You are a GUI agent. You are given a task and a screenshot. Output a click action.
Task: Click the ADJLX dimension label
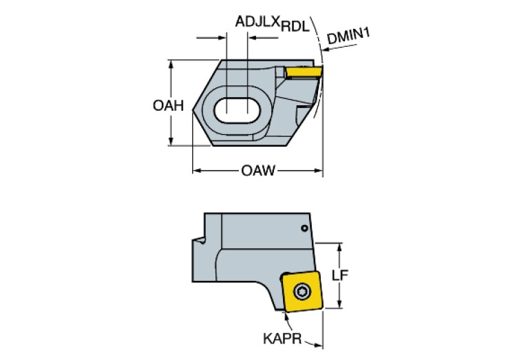257,22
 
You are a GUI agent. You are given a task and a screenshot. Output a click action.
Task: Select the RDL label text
293,27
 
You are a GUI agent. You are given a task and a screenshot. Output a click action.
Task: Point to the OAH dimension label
168,105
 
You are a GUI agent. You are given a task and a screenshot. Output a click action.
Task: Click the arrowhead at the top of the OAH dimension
170,64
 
